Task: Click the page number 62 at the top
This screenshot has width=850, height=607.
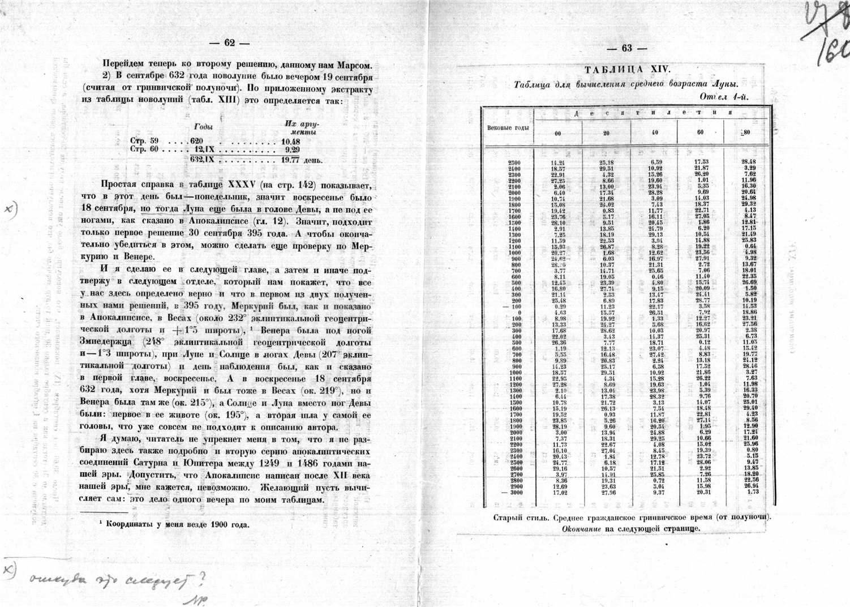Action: click(229, 44)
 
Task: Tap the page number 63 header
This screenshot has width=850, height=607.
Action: click(626, 48)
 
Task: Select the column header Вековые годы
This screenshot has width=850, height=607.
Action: click(508, 127)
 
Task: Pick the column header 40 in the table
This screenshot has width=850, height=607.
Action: click(654, 132)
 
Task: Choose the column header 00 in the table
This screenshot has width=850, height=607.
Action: click(558, 132)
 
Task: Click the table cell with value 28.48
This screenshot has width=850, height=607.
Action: click(749, 161)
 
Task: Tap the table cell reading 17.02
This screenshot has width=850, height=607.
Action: click(558, 492)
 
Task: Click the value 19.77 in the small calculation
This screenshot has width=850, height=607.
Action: click(290, 160)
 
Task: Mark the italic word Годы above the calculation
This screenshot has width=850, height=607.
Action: click(204, 127)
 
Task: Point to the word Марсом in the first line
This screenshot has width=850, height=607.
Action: click(354, 63)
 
